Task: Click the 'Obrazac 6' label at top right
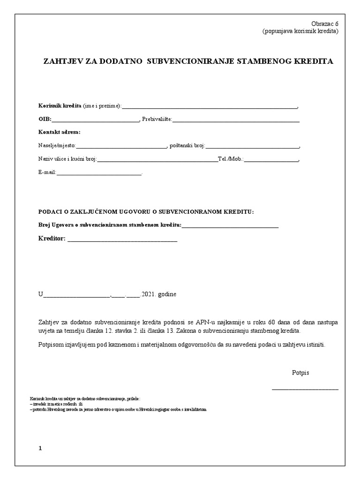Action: (325, 24)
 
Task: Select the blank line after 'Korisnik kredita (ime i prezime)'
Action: (210, 107)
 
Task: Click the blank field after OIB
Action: (96, 120)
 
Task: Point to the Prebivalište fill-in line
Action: (236, 120)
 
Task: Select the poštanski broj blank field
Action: (252, 147)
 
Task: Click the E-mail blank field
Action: (98, 173)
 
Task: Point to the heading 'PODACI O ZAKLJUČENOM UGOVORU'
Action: (145, 212)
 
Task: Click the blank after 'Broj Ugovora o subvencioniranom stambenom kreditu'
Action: (230, 226)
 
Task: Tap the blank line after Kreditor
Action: (122, 240)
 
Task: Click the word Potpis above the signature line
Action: (300, 373)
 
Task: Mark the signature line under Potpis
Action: (305, 389)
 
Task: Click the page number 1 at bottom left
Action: (40, 448)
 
